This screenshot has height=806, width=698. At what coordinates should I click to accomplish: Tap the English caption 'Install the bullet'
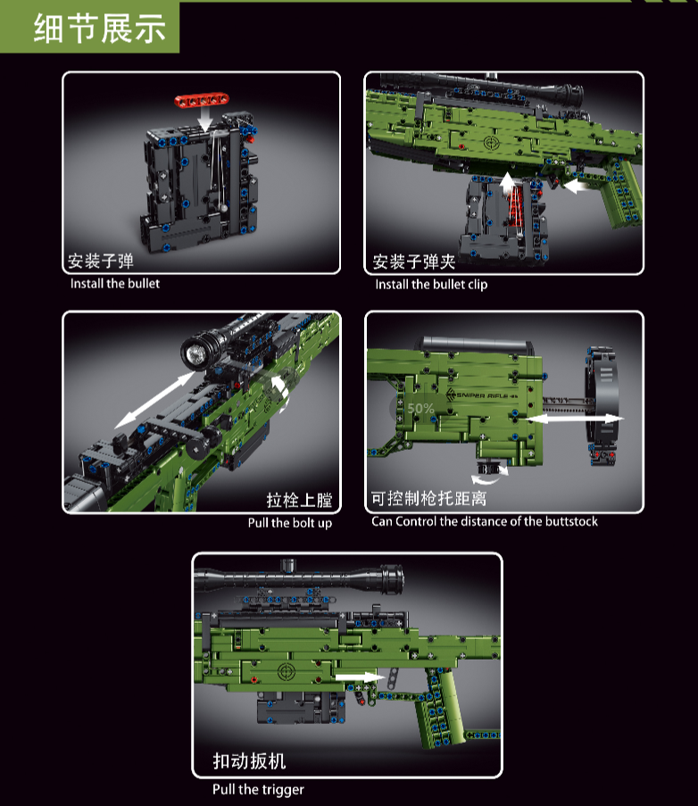click(115, 284)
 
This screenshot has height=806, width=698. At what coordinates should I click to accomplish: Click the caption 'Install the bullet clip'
click(431, 284)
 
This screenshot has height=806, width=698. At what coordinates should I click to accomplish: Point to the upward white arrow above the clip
click(507, 183)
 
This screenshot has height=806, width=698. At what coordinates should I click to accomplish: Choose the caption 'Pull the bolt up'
click(289, 523)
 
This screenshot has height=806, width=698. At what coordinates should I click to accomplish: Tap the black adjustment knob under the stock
click(488, 469)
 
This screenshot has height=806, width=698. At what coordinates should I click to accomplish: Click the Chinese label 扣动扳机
click(249, 760)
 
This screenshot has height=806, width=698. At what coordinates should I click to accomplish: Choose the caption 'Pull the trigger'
click(258, 789)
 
